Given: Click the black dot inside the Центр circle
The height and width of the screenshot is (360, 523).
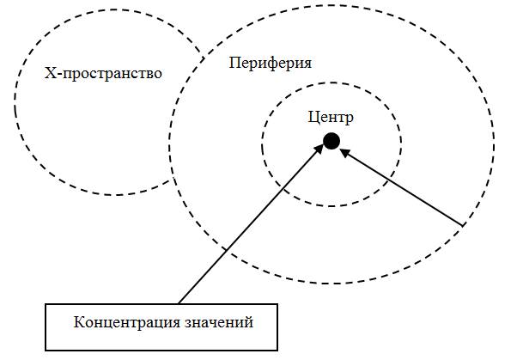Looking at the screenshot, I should click(331, 141).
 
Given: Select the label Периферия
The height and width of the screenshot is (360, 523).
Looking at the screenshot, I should click(271, 64).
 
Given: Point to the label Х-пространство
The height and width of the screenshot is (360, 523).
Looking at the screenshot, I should click(103, 73).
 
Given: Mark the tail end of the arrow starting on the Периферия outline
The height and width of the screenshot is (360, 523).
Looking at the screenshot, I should click(463, 225).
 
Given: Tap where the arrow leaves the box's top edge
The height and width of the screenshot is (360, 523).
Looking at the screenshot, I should click(179, 303).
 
